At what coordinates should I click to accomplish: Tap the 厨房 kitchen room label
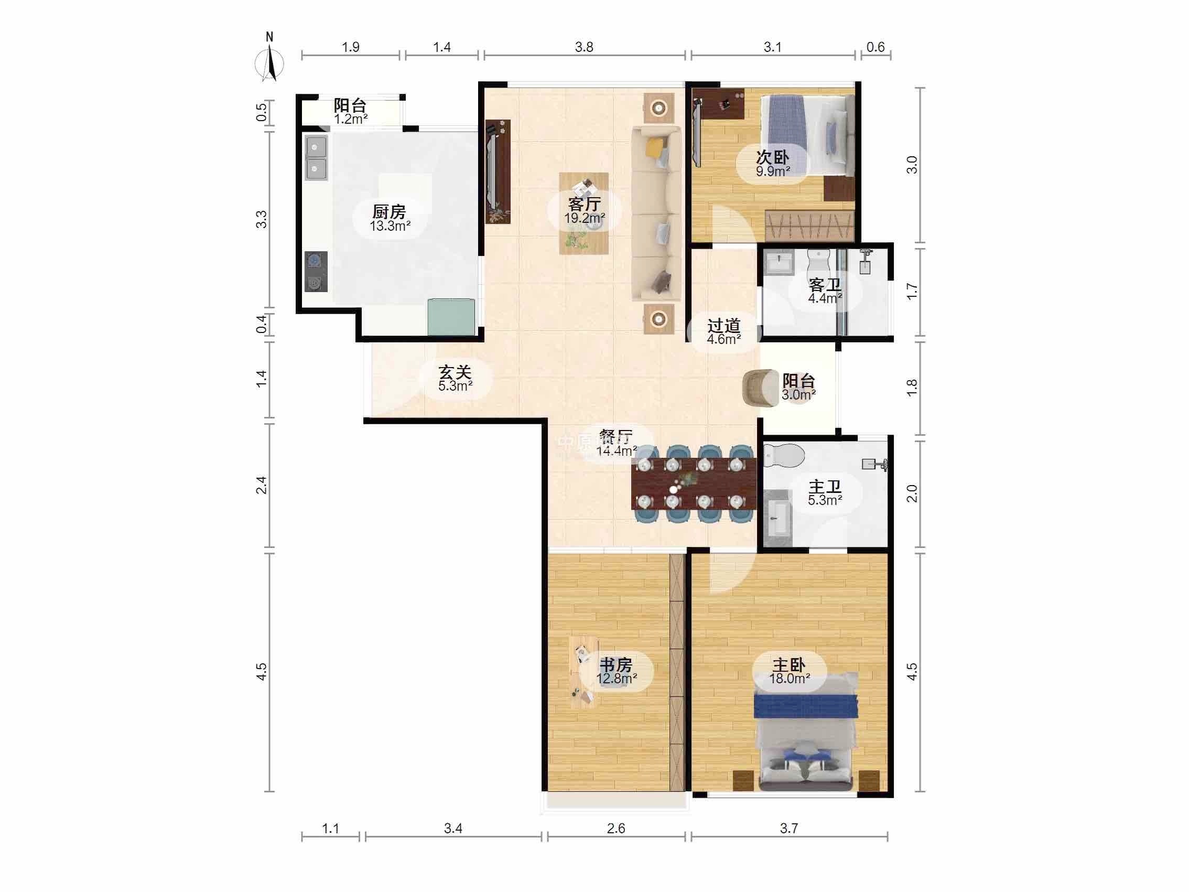pos(389,212)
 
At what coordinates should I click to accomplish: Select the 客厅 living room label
pos(585,205)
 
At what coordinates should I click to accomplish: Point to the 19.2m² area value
pos(585,218)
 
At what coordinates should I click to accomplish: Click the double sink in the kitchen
pos(316,157)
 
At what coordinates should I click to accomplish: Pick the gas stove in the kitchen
pos(316,272)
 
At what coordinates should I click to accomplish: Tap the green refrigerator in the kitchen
pos(451,317)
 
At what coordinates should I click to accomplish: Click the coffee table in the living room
pos(583,213)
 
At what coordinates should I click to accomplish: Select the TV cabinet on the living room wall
pos(498,171)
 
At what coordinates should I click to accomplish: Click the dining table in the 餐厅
pos(694,483)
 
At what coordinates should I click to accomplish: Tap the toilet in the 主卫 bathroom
pos(784,456)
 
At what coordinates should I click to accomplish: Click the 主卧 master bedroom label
pos(789,664)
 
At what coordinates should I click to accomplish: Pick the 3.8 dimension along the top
pos(585,47)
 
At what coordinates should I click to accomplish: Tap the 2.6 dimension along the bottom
pos(616,829)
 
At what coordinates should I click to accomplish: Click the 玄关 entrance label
pos(455,372)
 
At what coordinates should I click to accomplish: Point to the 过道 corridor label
pos(724,326)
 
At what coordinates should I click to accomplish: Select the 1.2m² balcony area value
pos(351,119)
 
